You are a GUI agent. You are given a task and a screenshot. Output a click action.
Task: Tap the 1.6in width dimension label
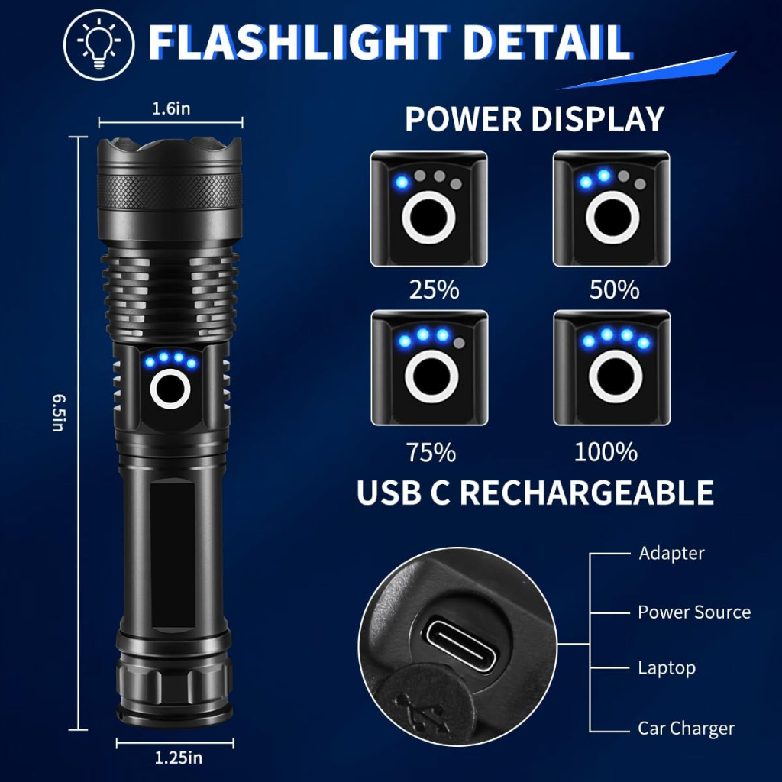[x=171, y=108]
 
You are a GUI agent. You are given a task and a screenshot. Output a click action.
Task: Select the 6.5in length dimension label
[x=59, y=412]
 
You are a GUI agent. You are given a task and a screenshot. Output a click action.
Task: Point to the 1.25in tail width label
[x=179, y=758]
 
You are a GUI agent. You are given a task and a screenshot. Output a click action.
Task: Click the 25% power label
[x=434, y=289]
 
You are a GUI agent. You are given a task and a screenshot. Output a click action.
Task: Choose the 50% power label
[x=615, y=289]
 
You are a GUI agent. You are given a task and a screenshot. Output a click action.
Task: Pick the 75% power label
[x=431, y=452]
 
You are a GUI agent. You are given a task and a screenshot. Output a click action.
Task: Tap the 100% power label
[x=606, y=452]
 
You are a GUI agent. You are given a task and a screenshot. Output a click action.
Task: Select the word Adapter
[x=671, y=554]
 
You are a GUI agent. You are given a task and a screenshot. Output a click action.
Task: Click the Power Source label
[x=694, y=612]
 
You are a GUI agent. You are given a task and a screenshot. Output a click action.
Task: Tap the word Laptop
[x=667, y=668]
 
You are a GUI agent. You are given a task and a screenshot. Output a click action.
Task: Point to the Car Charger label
[x=687, y=729]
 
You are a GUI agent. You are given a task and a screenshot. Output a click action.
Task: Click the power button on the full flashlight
[x=170, y=389]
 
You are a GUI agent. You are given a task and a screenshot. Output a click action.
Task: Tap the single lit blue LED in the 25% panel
[x=402, y=182]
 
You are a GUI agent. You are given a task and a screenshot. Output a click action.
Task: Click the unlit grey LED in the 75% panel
[x=459, y=343]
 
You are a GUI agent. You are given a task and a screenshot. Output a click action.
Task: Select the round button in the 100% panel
[x=616, y=376]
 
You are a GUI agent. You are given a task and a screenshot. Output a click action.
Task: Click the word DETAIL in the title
[x=548, y=43]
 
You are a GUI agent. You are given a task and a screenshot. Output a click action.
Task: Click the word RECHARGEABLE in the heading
[x=586, y=493]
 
